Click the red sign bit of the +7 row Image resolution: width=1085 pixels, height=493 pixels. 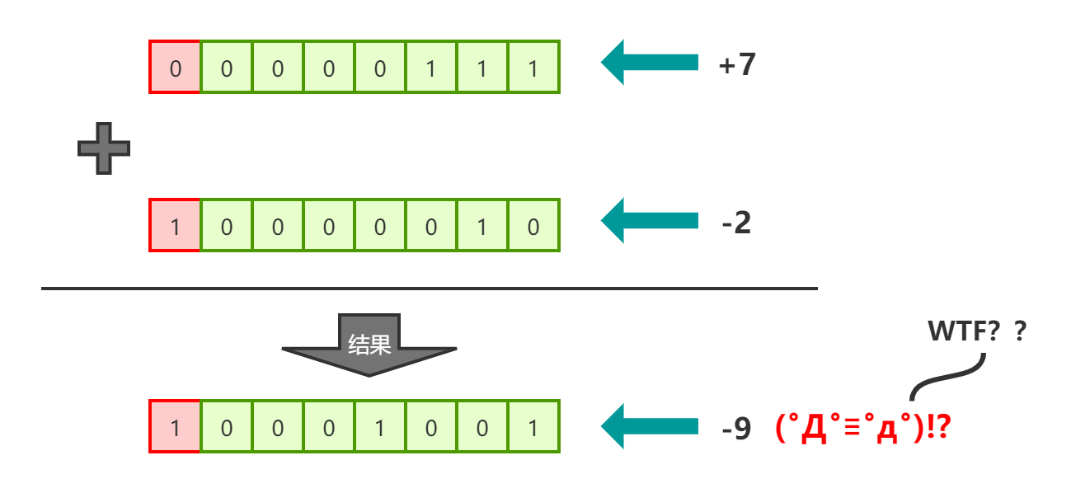(x=175, y=67)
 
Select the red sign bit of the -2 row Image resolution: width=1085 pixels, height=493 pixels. (x=175, y=225)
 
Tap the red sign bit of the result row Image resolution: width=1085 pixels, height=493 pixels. (x=175, y=427)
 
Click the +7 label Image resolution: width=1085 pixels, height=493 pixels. (x=737, y=64)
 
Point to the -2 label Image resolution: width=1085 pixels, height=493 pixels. (x=736, y=223)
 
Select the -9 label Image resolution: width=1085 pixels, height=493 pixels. (x=736, y=428)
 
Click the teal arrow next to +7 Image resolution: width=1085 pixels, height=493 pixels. (x=649, y=63)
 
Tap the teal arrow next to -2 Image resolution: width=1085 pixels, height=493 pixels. (x=649, y=221)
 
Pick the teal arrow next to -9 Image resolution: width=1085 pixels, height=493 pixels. (x=649, y=426)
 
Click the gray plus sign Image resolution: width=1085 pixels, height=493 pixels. (x=104, y=148)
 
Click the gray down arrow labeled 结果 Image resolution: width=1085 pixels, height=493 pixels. (x=369, y=345)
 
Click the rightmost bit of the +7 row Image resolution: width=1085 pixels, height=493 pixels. (x=533, y=67)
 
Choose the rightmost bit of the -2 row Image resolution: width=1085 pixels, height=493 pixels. (x=533, y=225)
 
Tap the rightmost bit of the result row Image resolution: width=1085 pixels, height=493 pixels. (x=533, y=427)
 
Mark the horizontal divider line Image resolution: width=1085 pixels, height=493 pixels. (x=429, y=289)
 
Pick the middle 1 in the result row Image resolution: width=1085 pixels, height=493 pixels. (x=379, y=427)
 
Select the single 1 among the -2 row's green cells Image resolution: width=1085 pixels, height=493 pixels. (x=482, y=225)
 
